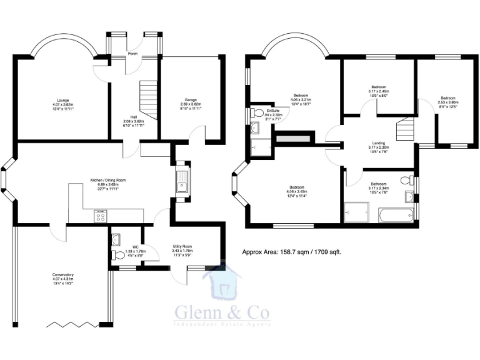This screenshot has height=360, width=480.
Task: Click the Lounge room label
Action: [62, 100]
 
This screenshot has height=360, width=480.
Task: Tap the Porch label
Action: [132, 54]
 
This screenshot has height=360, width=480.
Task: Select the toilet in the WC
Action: [117, 255]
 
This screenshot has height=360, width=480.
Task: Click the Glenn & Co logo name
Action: [222, 311]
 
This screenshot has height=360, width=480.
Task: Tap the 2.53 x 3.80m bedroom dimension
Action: [447, 102]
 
